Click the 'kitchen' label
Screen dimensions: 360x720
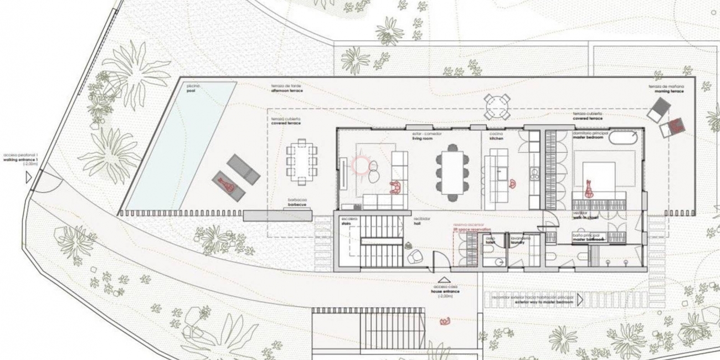[x=496, y=138]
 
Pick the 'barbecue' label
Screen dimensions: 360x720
[x=297, y=205]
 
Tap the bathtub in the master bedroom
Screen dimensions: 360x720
[x=624, y=138]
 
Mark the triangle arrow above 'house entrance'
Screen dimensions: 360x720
[x=443, y=281]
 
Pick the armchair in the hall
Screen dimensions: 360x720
[x=414, y=256]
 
